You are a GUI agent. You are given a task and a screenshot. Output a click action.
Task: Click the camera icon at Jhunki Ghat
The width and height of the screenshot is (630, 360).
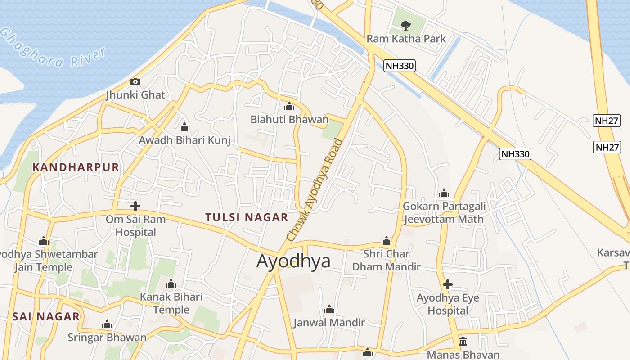click(135, 81)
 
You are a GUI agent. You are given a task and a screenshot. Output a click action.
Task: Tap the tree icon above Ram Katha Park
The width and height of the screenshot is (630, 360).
click(406, 25)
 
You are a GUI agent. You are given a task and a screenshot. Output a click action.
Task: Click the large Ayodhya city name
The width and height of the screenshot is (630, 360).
click(293, 261)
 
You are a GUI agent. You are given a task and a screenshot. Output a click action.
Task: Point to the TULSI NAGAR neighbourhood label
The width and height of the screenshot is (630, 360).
click(247, 217)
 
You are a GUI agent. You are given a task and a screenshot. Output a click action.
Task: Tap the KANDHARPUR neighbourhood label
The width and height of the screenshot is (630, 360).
click(76, 167)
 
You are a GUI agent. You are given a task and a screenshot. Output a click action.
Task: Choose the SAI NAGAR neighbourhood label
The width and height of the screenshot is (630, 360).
click(46, 316)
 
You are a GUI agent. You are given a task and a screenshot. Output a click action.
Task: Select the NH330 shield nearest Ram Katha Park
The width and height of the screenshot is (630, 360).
click(400, 66)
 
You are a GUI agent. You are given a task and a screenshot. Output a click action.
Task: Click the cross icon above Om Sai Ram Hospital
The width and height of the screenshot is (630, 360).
click(135, 206)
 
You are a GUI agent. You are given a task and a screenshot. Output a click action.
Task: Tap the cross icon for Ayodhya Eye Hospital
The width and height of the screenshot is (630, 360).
click(447, 284)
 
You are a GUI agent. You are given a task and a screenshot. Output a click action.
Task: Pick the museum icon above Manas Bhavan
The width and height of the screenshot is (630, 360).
click(463, 341)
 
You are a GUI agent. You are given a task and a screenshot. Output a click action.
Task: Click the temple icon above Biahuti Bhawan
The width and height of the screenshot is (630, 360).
click(289, 107)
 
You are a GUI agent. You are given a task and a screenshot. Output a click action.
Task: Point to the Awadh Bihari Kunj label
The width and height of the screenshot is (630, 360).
click(184, 140)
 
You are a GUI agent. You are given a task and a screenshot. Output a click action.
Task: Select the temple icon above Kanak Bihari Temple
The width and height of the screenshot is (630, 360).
click(171, 284)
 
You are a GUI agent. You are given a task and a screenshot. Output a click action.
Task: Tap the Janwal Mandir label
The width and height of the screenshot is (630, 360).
click(329, 323)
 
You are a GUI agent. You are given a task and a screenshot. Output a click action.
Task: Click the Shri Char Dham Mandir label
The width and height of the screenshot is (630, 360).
click(386, 260)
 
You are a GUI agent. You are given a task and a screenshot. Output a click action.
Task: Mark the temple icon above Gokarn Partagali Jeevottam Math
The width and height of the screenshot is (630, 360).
click(444, 193)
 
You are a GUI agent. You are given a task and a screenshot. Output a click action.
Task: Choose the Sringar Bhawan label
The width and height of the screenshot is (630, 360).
click(107, 337)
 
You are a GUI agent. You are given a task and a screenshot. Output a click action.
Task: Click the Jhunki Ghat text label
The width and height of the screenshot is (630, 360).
click(135, 95)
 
